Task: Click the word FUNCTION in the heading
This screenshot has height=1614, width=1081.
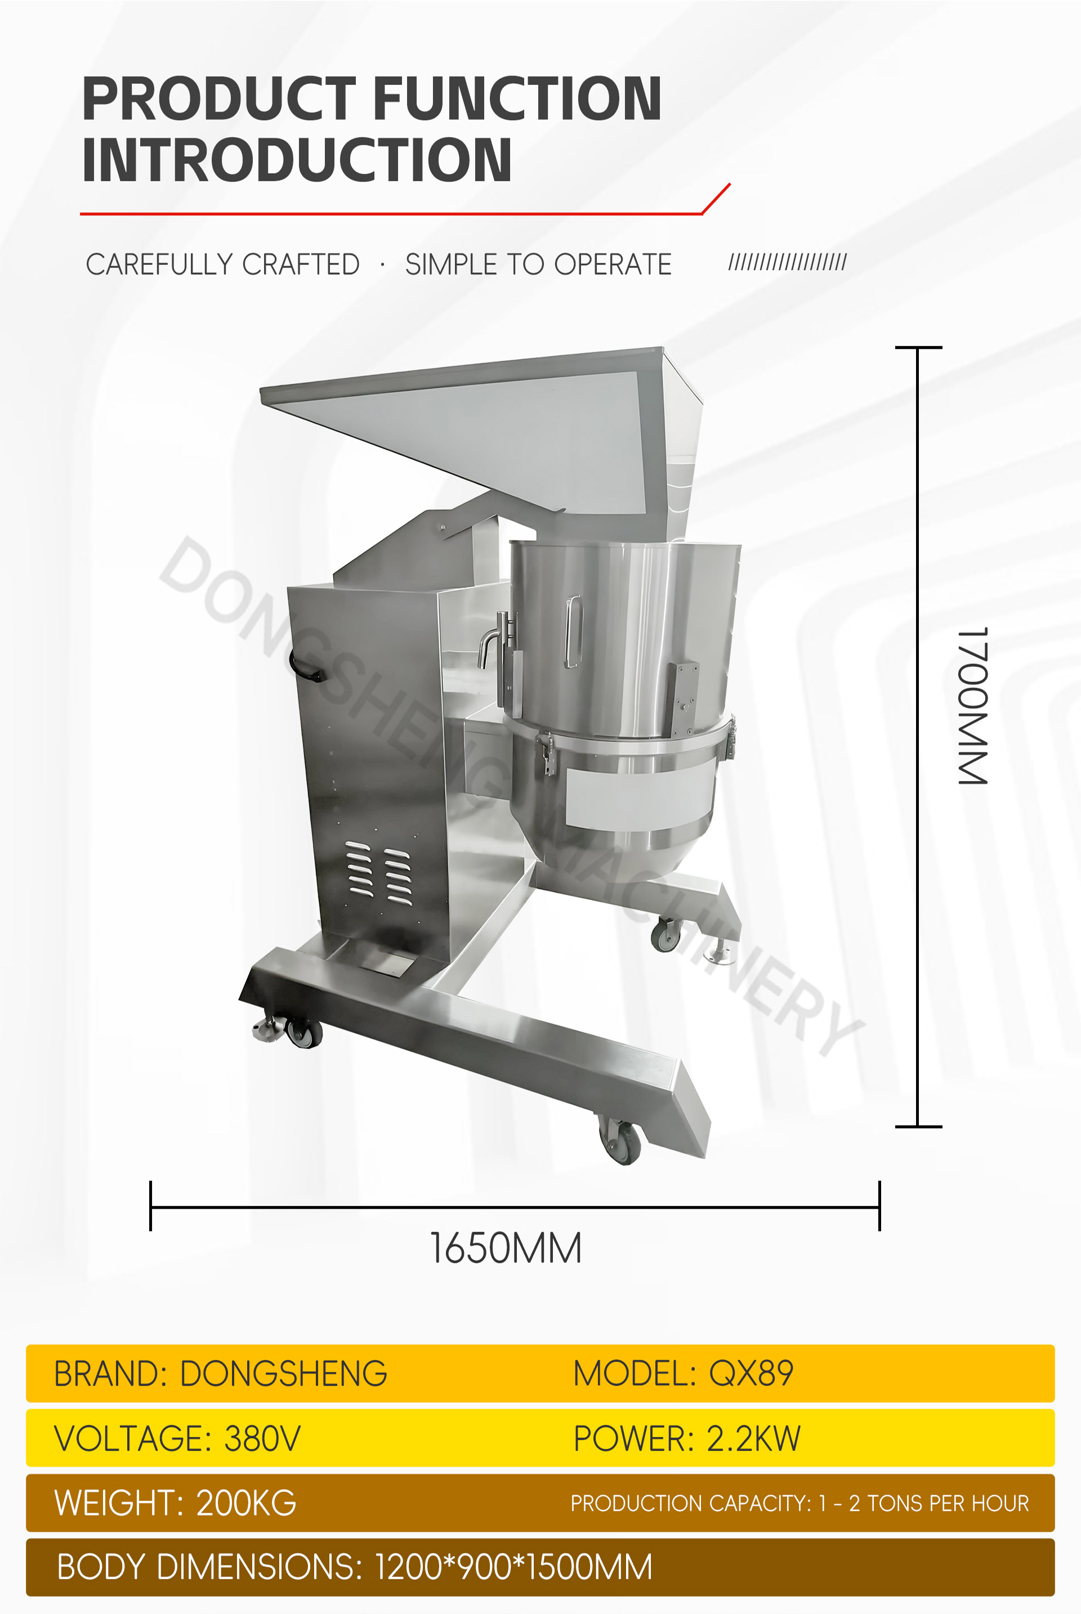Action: [517, 98]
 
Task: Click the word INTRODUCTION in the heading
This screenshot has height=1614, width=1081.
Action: [297, 160]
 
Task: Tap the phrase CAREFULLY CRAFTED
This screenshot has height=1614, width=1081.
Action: [223, 264]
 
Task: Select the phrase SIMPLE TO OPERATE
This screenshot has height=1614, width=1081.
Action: [538, 264]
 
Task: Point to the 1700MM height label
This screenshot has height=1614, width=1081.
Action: [973, 706]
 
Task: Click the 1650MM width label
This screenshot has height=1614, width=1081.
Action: [506, 1248]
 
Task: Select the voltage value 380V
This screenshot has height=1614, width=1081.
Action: [263, 1438]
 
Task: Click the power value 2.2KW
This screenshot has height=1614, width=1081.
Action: [753, 1438]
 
